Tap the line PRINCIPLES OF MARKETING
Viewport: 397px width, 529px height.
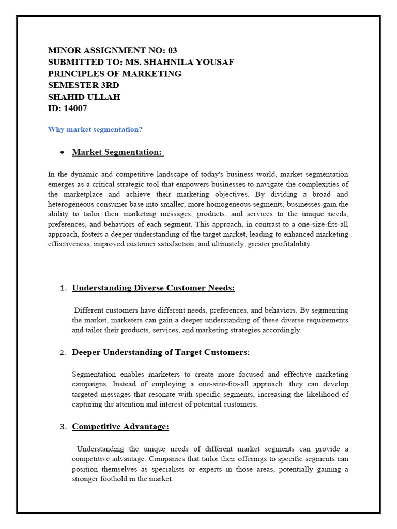(x=115, y=74)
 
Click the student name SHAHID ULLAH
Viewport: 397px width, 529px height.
(x=84, y=97)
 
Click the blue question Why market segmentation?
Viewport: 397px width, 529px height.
(x=95, y=130)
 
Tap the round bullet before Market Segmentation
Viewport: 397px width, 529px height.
(x=62, y=153)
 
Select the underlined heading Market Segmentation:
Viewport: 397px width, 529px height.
(x=117, y=152)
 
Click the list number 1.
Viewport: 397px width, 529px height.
(x=63, y=288)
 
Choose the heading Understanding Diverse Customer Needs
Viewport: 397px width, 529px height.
(x=153, y=288)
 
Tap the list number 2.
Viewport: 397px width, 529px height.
(x=63, y=353)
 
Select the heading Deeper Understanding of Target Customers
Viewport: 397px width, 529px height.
(x=160, y=352)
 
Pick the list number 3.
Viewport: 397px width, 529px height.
(x=63, y=427)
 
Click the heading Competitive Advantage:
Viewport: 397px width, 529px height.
(x=120, y=427)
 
